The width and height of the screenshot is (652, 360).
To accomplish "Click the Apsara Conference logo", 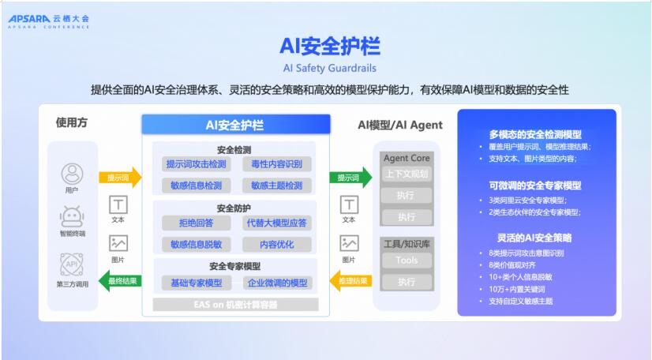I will (49, 21).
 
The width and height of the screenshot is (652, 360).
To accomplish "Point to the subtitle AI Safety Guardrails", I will (329, 67).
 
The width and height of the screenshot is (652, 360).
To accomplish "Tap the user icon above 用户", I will (72, 172).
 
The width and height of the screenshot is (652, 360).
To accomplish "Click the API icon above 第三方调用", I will (72, 264).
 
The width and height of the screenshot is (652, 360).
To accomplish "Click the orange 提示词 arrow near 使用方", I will (119, 178).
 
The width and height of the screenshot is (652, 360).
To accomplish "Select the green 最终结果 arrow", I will (119, 279).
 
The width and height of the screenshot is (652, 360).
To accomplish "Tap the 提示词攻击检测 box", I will (196, 164).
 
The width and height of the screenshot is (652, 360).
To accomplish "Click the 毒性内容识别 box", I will (276, 164).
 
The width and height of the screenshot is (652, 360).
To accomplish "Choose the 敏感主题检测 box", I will (276, 186).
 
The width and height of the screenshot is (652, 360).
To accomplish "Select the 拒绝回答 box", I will (196, 223).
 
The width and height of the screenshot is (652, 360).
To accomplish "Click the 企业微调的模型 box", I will (276, 282).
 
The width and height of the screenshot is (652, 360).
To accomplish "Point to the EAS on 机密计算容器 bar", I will (235, 304).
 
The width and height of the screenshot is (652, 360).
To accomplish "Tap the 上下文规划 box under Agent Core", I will (407, 174).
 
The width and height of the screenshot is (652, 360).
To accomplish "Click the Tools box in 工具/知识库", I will (407, 260).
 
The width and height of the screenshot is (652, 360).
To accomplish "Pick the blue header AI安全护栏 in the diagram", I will (235, 125).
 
